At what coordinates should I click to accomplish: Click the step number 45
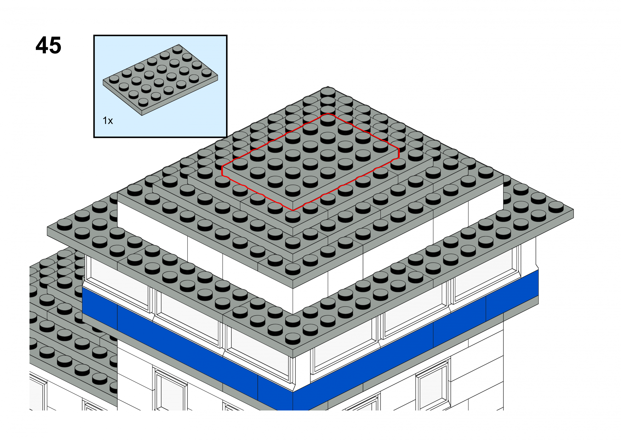pos(49,45)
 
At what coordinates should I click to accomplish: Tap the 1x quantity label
pos(108,121)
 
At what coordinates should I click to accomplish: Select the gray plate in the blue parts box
pos(160,80)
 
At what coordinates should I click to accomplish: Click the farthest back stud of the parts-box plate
pos(178,49)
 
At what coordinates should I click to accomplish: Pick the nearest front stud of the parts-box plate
pos(143,102)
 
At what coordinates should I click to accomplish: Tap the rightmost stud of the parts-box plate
pos(206,73)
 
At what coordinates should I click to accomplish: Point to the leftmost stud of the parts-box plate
pos(114,79)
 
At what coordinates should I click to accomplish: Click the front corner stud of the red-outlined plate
pos(293,191)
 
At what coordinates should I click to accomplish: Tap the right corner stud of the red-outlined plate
pos(380,147)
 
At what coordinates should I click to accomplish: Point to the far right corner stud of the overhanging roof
pos(556,207)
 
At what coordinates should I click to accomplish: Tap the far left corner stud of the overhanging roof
pos(65,225)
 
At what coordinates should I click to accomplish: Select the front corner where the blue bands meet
pos(293,392)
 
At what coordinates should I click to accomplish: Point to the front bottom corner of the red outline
pos(293,210)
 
